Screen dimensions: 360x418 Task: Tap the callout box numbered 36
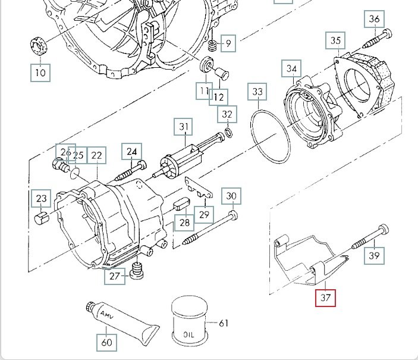(374, 19)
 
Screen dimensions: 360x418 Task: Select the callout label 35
(336, 41)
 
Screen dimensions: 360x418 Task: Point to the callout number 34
(291, 69)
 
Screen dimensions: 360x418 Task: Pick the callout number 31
(184, 127)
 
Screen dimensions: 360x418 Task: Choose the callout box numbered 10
(40, 73)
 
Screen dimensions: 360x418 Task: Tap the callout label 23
(41, 199)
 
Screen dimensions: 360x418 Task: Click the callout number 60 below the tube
(106, 342)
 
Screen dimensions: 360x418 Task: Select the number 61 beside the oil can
(224, 323)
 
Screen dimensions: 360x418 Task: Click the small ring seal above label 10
(39, 45)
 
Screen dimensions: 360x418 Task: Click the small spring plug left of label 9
(212, 45)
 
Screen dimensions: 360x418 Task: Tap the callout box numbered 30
(231, 196)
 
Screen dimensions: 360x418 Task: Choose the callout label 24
(131, 152)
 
